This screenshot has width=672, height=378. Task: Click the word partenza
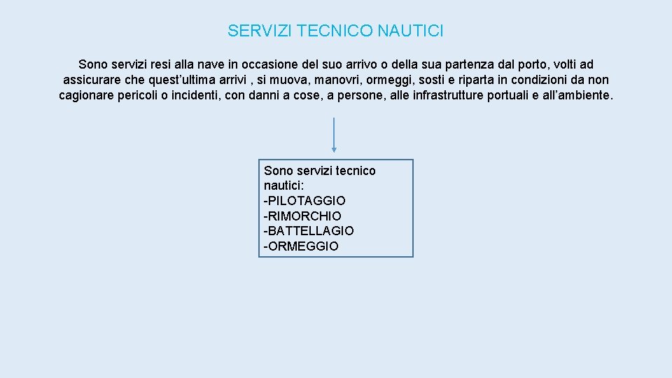coord(456,64)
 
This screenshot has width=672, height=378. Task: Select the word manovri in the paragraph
coord(335,80)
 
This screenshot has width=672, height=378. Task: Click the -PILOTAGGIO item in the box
coord(304,201)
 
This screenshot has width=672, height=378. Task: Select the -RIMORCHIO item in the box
coord(302,216)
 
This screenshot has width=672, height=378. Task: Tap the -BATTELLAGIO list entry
coord(309,231)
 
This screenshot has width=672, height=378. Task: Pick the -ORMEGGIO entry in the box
coord(301,246)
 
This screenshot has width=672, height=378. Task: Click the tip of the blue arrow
coord(334,150)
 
